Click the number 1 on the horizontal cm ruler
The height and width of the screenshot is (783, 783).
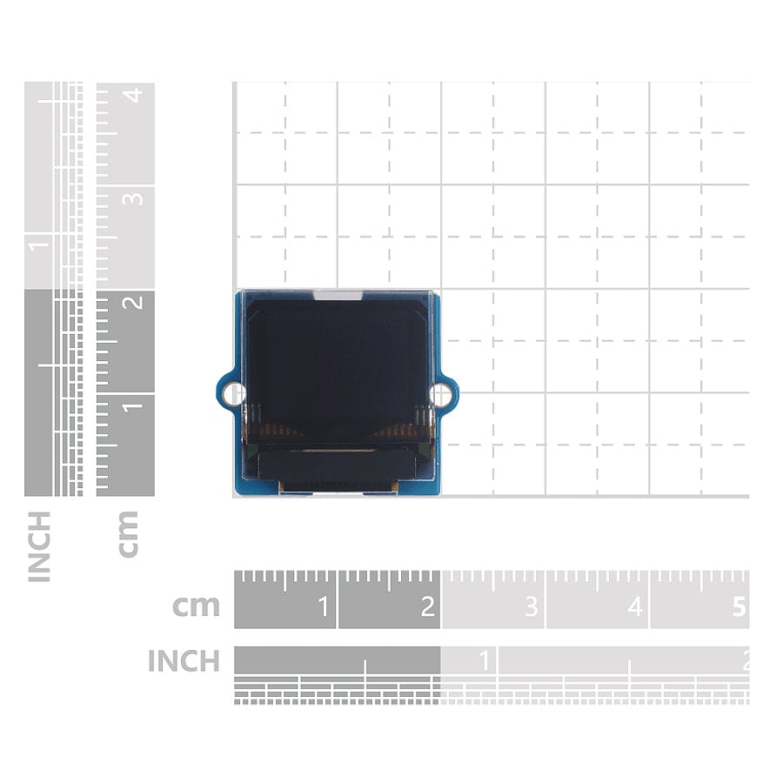(323, 606)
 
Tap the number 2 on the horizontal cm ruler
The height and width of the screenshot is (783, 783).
(427, 606)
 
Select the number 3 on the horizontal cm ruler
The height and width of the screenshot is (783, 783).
(532, 606)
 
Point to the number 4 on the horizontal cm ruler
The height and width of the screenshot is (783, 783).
(635, 606)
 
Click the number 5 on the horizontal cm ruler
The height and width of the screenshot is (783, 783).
(739, 606)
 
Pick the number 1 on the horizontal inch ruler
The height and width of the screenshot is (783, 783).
(485, 660)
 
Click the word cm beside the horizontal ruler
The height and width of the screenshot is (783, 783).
(196, 606)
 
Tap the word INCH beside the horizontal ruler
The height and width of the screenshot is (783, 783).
(184, 660)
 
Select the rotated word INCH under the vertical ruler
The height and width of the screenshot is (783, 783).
(39, 546)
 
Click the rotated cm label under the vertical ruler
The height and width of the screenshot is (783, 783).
(128, 534)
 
